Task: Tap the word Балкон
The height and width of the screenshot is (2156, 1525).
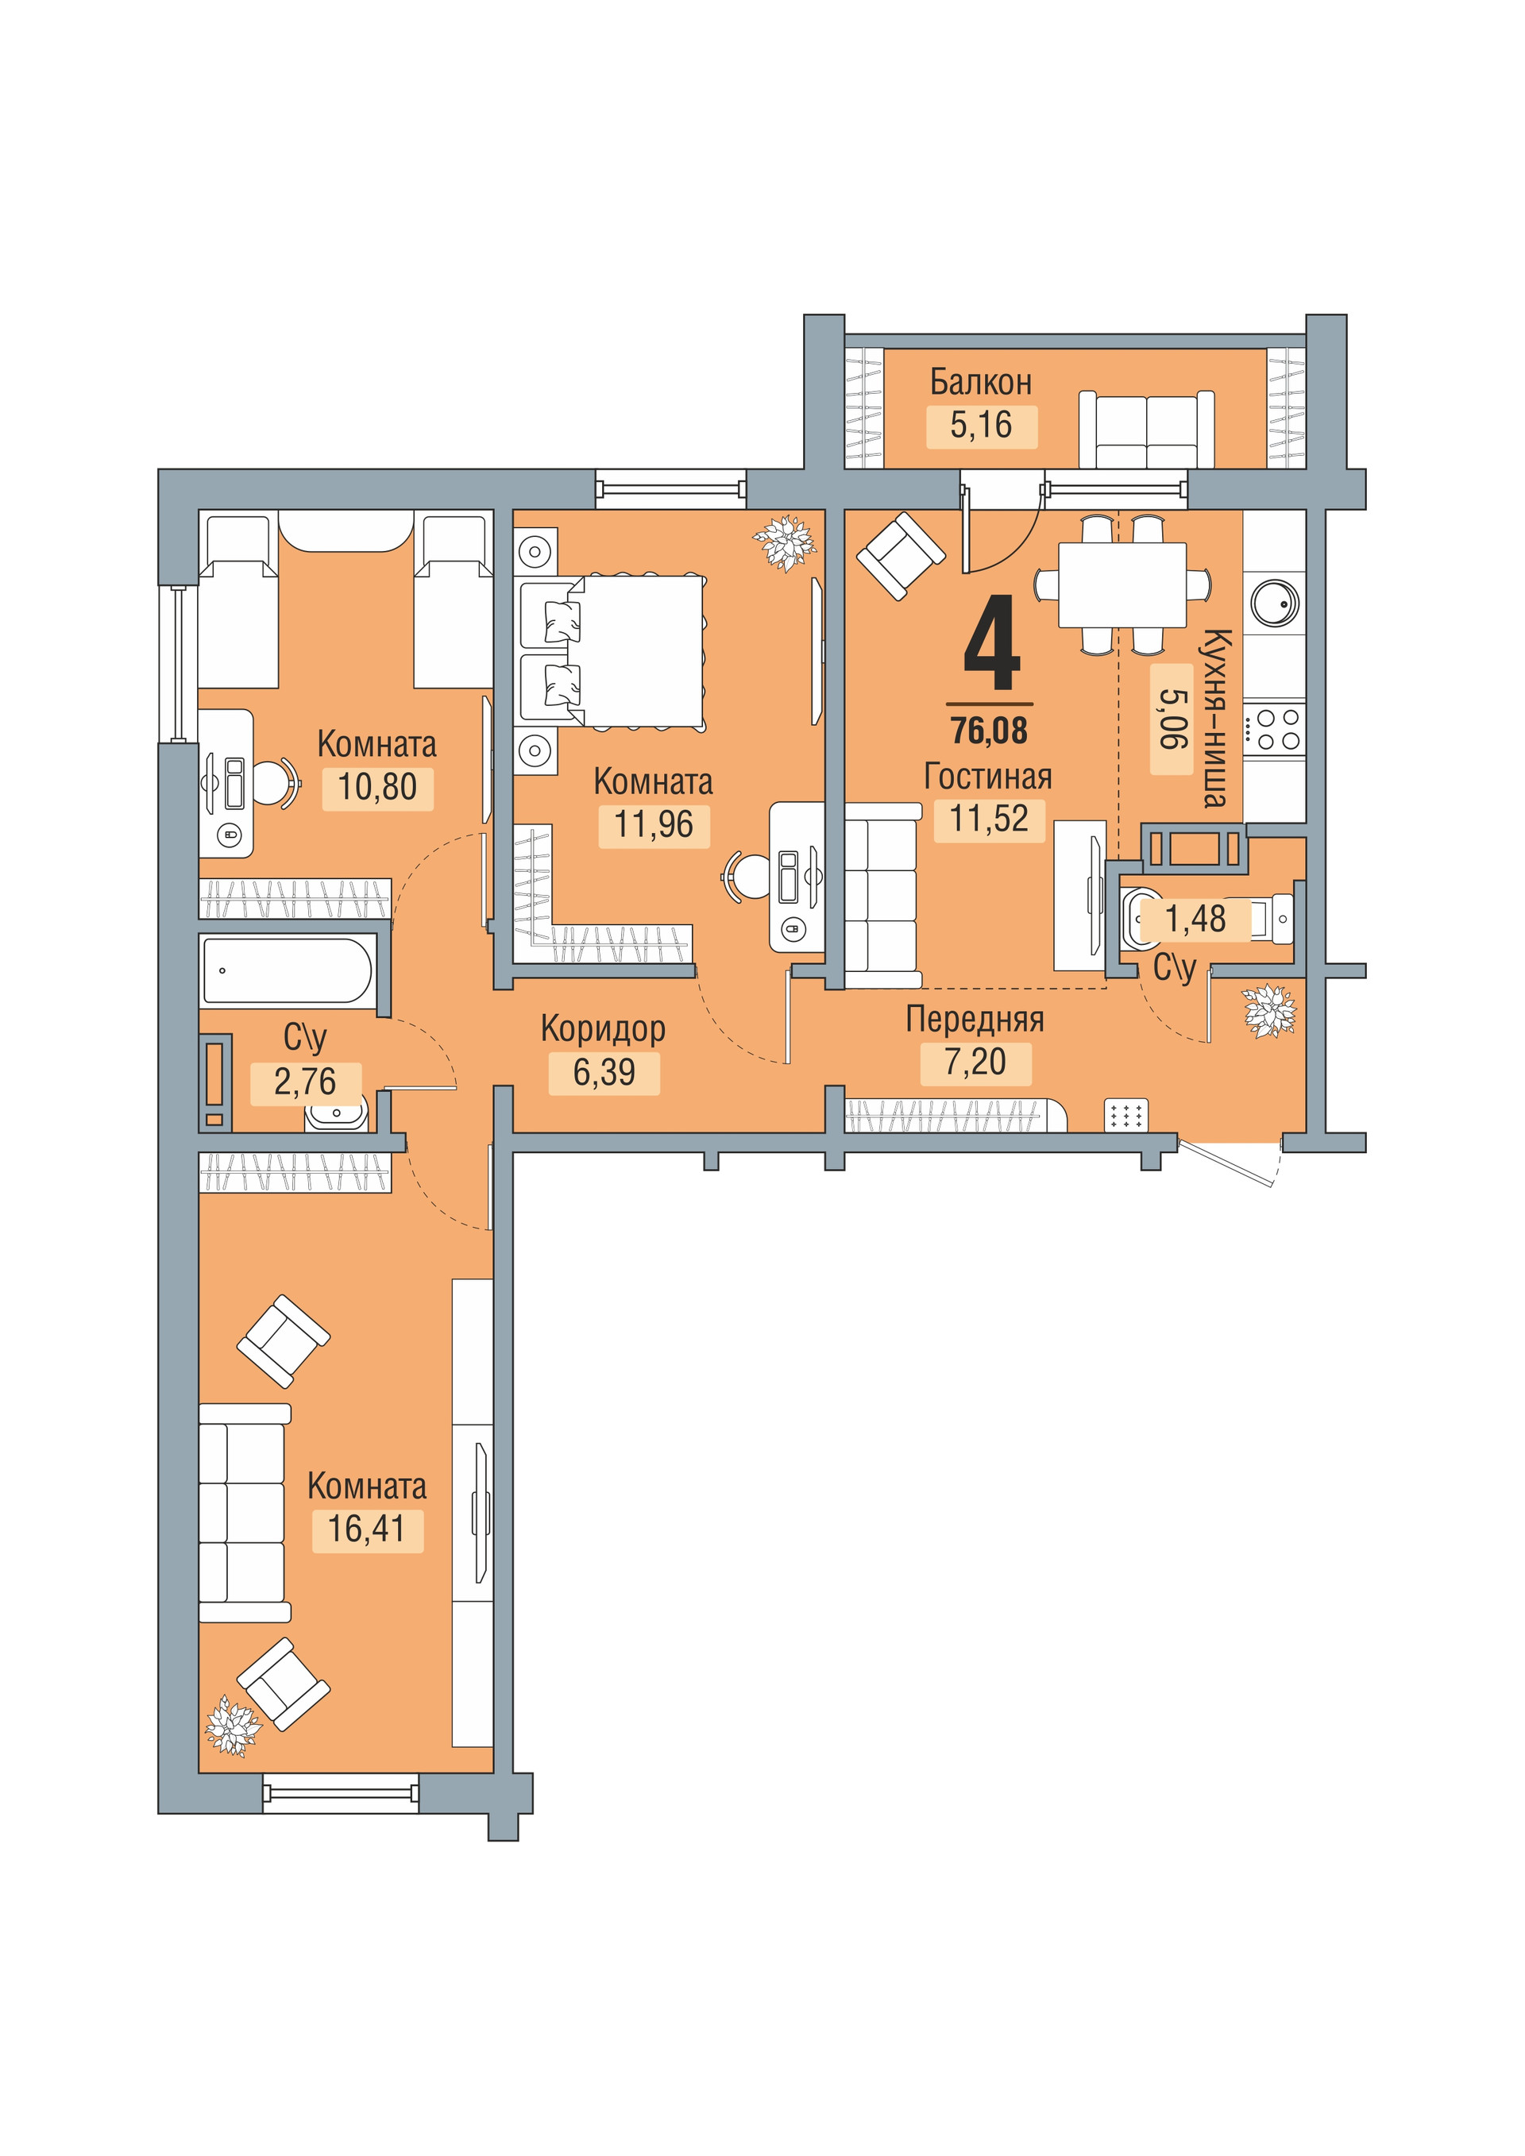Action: [x=980, y=382]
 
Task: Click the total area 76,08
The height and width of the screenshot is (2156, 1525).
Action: [x=989, y=730]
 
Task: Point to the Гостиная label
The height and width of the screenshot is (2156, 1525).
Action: [x=988, y=777]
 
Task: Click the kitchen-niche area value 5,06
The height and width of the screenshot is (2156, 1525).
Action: [x=1171, y=719]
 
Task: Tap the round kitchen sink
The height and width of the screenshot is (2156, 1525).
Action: [x=1274, y=603]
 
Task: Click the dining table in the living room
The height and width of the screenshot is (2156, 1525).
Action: [x=1122, y=584]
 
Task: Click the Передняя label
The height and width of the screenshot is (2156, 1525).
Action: [x=975, y=1019]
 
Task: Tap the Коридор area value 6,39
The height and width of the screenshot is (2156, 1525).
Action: [x=604, y=1071]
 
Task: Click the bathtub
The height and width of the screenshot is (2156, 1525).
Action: [x=288, y=970]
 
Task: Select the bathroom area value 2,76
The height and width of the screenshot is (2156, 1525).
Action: [x=305, y=1082]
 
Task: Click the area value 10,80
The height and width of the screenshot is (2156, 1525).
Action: [x=376, y=787]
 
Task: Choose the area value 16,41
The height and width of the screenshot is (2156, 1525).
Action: [x=366, y=1529]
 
